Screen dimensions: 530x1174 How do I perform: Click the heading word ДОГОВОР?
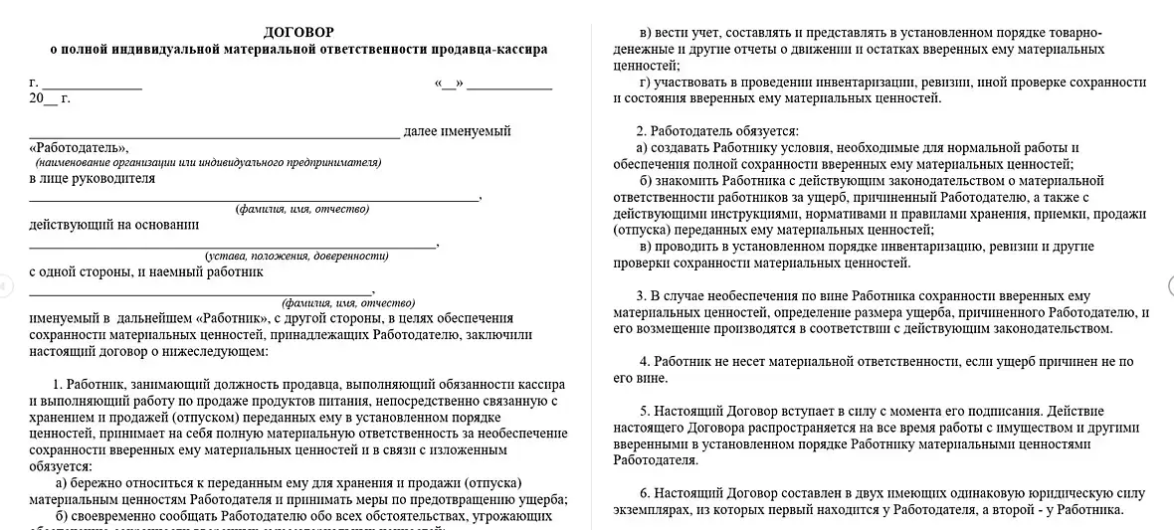click(299, 33)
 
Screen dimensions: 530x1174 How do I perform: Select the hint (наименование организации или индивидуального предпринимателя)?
click(208, 162)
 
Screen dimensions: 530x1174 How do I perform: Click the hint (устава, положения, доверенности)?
click(296, 256)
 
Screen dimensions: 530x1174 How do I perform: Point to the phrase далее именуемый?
click(457, 131)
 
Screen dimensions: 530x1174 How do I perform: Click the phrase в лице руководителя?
click(93, 179)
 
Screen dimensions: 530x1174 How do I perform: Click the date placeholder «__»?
click(450, 84)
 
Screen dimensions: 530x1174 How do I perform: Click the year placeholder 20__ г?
click(50, 98)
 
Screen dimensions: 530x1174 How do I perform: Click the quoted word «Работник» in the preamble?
click(235, 318)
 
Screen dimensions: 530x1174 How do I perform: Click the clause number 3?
click(642, 296)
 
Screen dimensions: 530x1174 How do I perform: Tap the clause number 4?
click(645, 362)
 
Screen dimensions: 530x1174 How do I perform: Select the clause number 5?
click(645, 411)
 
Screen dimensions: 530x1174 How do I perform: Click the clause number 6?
click(645, 493)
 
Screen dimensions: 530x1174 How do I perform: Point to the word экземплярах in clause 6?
click(654, 510)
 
